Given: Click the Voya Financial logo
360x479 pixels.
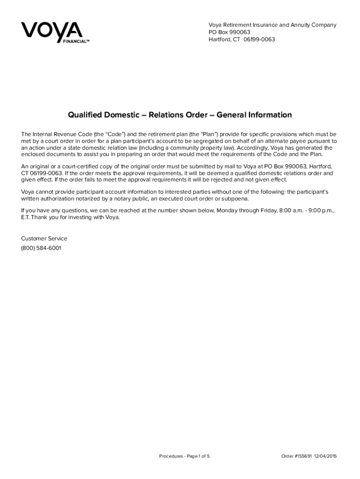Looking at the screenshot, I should click(51, 32).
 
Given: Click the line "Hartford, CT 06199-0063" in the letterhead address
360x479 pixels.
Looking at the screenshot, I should click(242, 39).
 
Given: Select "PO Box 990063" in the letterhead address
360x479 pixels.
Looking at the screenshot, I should click(230, 32).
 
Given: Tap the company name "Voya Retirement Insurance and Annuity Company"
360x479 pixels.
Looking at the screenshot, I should click(272, 25).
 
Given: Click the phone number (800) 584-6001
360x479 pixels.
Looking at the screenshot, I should click(41, 248).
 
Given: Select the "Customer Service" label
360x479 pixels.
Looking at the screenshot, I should click(44, 239).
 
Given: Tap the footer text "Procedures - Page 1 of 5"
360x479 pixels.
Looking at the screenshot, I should click(184, 456).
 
